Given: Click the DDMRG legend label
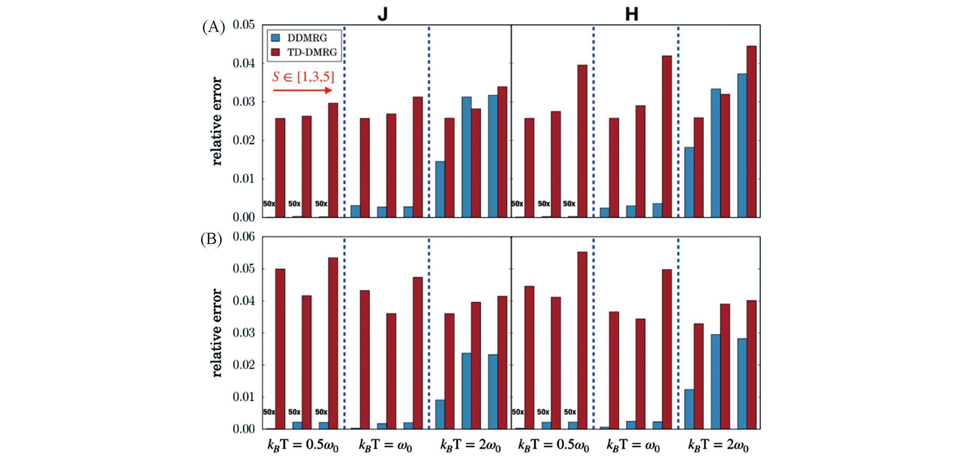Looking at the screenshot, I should pos(307,38).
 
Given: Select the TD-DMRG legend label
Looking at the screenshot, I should pos(312,52).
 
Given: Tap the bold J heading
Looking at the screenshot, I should pos(382,14).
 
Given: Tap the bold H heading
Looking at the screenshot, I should pos(632,14).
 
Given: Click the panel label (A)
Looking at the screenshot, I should pos(213,27).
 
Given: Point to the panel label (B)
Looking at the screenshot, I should pos(211,239).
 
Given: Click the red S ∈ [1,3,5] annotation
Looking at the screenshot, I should pos(303,77).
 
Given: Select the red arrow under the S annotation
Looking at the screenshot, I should pos(302,90).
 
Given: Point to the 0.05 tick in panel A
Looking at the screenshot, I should pos(243,25).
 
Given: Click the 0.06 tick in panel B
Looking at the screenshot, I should pos(243,237).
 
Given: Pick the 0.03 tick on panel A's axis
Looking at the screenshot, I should pos(243,102).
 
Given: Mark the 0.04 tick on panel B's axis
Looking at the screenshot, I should pos(243,301).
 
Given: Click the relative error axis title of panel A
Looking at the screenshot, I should pos(217,121).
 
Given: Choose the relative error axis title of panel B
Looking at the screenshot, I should pos(217,333).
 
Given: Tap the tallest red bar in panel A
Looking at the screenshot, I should pos(751,131).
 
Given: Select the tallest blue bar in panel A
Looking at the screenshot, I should pos(742,145).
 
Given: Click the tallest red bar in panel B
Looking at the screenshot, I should pos(582,340).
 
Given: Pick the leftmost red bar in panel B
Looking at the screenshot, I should pos(280,349).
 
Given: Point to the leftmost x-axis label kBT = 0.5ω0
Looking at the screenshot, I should pos(303,445).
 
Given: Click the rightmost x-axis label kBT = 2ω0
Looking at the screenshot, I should pos(718,445).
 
